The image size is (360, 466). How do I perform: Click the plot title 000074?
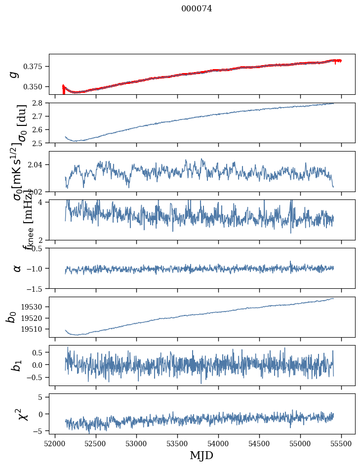point(197,8)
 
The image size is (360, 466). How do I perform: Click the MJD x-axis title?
point(201,455)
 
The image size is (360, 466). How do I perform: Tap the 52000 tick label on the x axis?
point(55,442)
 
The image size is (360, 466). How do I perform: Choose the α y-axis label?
point(17,268)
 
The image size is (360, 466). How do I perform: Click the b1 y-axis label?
point(17,365)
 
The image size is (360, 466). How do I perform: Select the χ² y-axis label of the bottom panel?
point(22,414)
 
